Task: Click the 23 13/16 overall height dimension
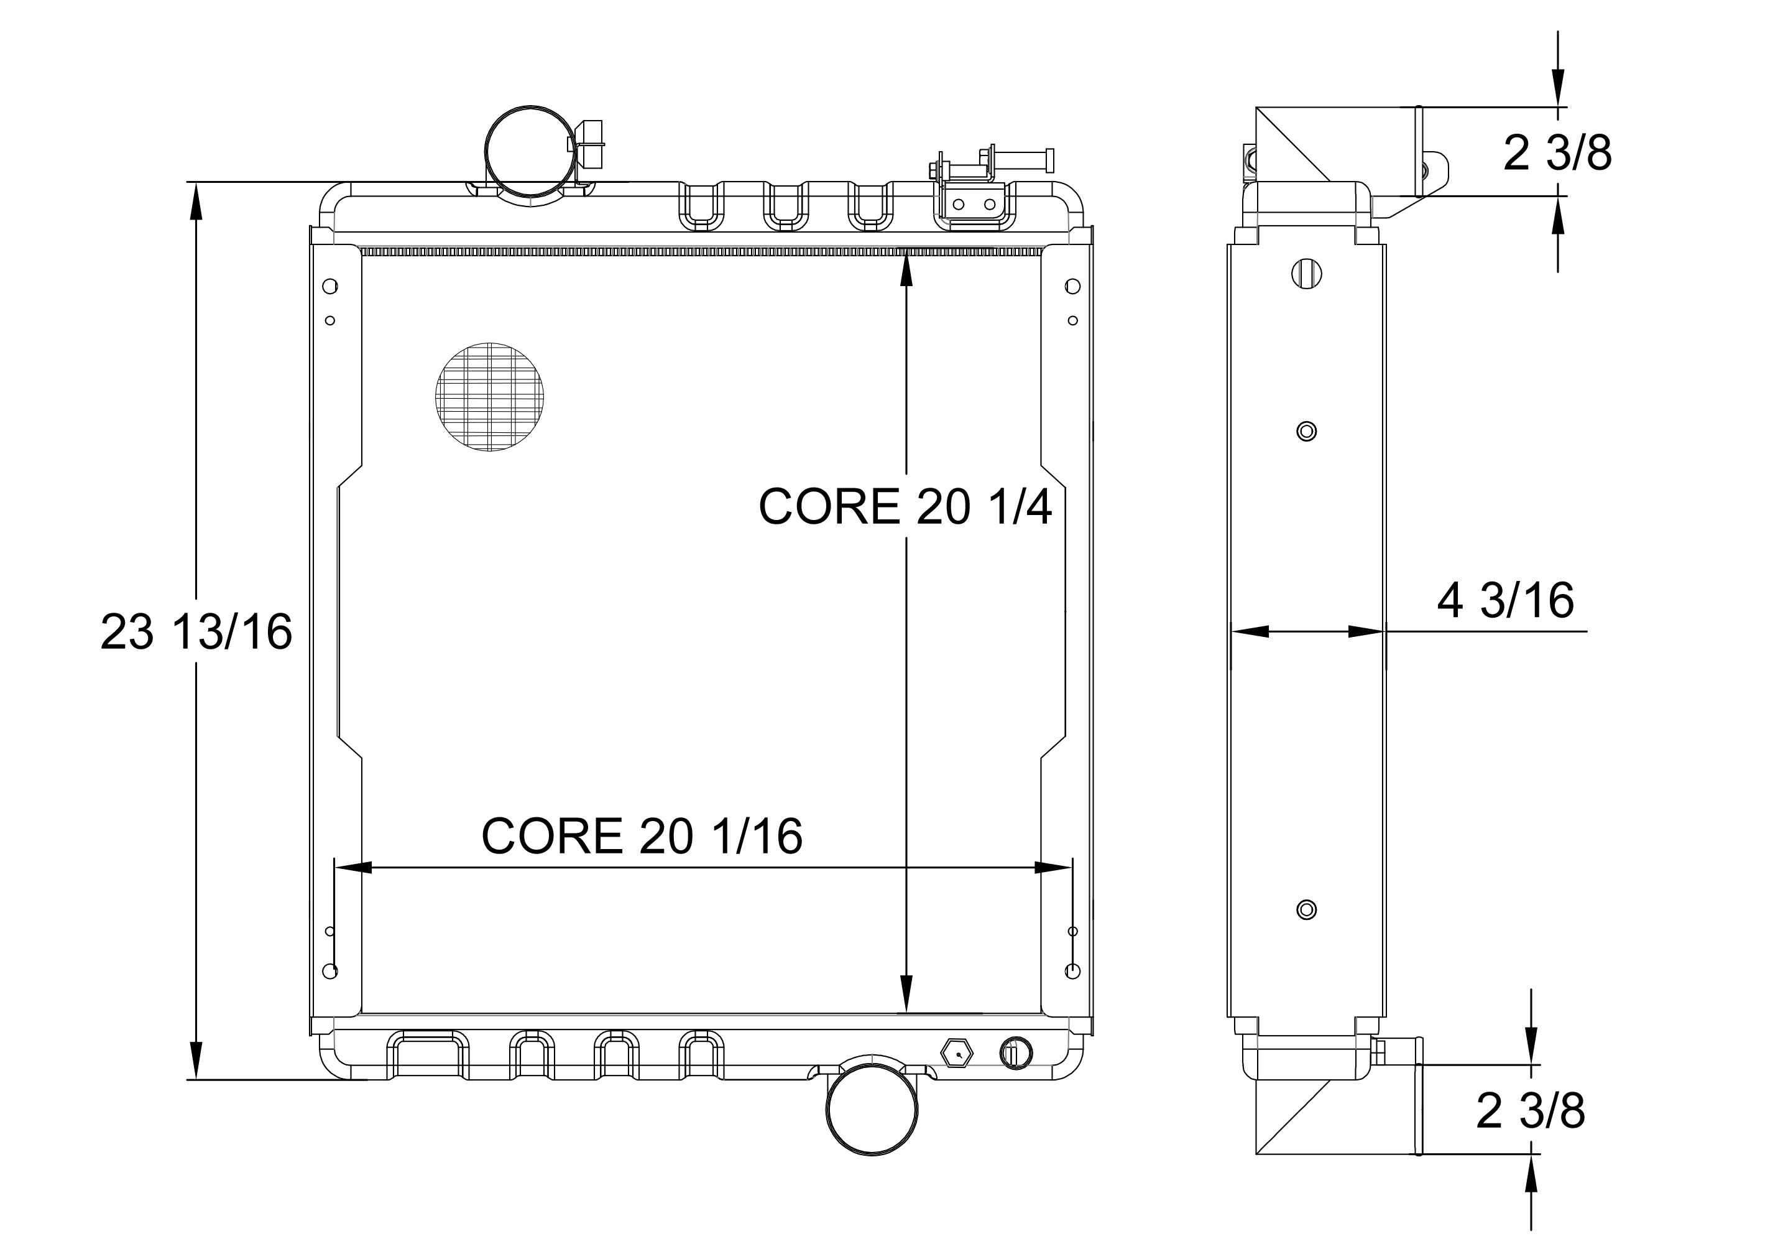(x=196, y=631)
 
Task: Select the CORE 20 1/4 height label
(x=905, y=506)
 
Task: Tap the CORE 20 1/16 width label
(x=642, y=837)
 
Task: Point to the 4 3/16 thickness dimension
(x=1505, y=600)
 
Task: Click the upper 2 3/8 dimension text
(x=1557, y=153)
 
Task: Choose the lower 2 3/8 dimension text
(x=1530, y=1111)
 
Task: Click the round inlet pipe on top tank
(x=530, y=151)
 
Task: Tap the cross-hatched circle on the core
(x=489, y=397)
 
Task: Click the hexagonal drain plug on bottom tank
(x=957, y=1053)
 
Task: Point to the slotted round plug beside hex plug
(x=1016, y=1053)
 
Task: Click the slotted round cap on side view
(x=1306, y=274)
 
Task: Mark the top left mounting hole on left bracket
(x=329, y=286)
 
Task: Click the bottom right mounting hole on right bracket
(x=1072, y=971)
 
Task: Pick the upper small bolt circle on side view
(x=1306, y=431)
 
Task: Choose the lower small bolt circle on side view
(x=1306, y=909)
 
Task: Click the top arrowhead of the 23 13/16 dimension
(x=196, y=203)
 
